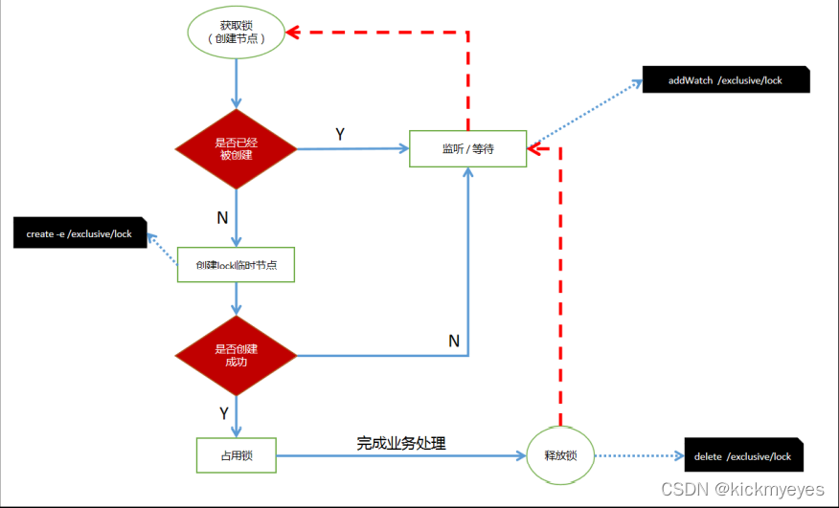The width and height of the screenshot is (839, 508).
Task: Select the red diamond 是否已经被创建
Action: [235, 148]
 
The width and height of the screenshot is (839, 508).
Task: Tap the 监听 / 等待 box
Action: [467, 148]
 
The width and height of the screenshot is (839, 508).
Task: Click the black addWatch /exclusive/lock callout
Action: [725, 80]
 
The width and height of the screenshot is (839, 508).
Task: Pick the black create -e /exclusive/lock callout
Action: [79, 233]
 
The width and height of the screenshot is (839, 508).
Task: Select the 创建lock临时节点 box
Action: [236, 265]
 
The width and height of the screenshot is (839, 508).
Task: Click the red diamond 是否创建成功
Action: [235, 356]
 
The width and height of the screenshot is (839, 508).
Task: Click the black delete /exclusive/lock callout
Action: [743, 456]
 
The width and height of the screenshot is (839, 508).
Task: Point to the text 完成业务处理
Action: [401, 443]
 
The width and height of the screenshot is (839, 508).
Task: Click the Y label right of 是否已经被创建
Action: [340, 135]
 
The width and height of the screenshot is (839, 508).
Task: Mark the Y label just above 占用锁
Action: [223, 413]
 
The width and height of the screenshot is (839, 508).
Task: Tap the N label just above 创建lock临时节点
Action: [222, 217]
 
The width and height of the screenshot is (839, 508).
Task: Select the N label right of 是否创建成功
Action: [454, 341]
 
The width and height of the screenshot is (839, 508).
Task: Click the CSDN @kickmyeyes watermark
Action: [743, 489]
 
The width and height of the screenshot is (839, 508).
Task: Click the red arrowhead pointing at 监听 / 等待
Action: [536, 149]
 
